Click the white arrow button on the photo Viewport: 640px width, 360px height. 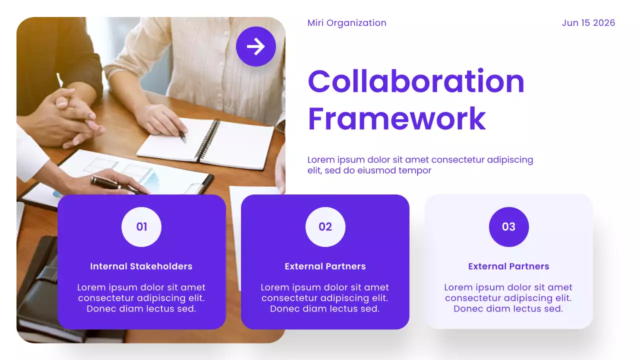coord(256,46)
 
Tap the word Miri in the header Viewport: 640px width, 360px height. coord(315,23)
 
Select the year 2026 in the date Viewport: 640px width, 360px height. coord(603,23)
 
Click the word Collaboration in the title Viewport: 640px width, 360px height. coord(415,81)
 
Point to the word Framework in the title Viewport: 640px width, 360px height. coord(396,118)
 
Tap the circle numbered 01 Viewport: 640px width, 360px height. coord(141,227)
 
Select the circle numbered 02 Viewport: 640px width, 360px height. coord(325,227)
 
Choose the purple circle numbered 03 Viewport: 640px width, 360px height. coord(508,227)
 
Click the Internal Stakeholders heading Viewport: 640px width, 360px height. coord(141,266)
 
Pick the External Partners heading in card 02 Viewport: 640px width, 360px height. coord(325,266)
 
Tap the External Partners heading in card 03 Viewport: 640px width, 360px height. coord(508,266)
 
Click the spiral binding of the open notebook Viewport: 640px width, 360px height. coord(207,140)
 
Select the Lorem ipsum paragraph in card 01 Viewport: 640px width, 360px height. coord(141,298)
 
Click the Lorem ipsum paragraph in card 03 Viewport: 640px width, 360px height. coord(508,298)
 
